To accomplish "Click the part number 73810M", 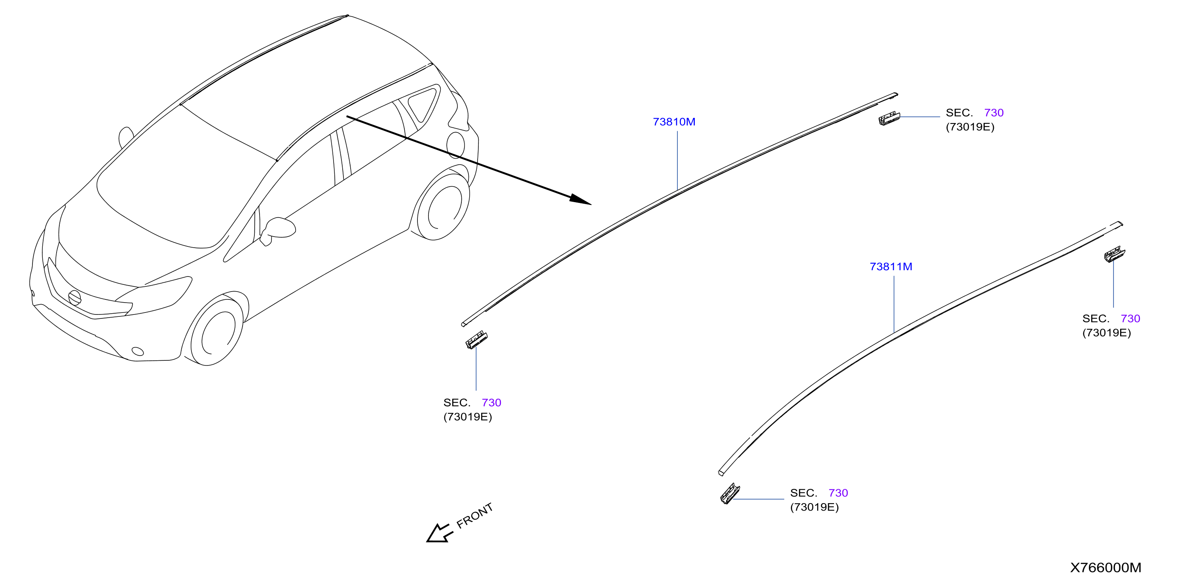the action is point(674,122).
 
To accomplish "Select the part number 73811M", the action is point(891,266).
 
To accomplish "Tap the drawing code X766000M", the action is point(1105,567).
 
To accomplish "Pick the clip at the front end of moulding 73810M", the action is point(476,340).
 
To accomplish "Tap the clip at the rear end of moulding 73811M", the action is point(1114,254).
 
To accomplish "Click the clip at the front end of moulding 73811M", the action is point(730,494).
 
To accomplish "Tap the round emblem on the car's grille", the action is point(74,297).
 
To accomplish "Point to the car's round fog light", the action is point(138,352).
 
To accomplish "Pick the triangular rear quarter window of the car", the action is point(423,104).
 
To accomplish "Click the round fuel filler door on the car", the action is point(456,145).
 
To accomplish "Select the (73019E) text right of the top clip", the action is point(970,127).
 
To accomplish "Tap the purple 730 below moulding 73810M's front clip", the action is point(491,402).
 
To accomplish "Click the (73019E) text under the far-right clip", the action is point(1106,333).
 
